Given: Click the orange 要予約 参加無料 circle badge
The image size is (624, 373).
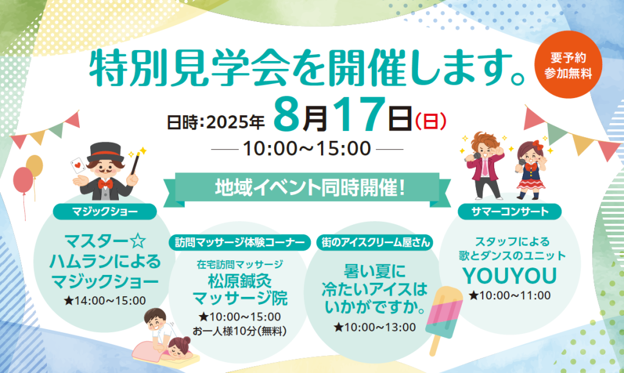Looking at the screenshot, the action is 568,65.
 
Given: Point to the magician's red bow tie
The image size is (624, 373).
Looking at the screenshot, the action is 105,184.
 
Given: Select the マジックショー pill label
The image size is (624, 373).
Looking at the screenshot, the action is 105,211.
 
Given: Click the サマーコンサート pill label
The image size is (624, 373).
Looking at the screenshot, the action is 510,211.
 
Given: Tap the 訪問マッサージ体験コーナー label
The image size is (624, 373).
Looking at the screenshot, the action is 239,243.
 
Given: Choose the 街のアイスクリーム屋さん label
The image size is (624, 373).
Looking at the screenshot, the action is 375,243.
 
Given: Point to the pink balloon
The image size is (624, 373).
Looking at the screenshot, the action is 23,180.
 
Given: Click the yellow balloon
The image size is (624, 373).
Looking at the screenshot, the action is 35,166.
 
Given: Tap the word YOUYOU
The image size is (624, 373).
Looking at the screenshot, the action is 510,275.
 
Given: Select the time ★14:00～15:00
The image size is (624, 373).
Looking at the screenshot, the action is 105,300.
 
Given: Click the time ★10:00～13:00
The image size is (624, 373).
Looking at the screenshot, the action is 375,327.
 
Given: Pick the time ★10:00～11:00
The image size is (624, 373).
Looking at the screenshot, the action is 510,296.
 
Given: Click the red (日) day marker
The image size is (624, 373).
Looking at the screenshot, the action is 431,121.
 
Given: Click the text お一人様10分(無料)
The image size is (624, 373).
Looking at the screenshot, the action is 239,331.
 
